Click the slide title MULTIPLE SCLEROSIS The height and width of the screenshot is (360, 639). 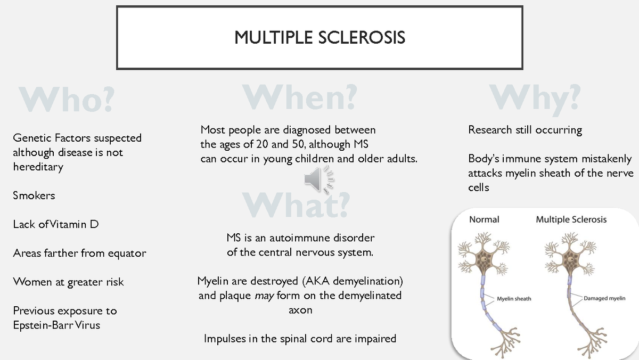319,37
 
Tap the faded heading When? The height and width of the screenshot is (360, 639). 299,97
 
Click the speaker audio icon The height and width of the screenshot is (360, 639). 319,179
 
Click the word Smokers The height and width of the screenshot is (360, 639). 34,195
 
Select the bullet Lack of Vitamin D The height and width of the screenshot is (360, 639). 56,224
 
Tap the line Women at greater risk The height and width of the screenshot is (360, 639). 68,282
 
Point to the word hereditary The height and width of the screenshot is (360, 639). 38,167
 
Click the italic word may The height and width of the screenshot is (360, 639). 264,296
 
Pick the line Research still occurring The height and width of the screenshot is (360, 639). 525,130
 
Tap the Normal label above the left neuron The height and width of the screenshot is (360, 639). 484,219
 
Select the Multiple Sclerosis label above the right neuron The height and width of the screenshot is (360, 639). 571,219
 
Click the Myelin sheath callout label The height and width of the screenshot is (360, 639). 514,299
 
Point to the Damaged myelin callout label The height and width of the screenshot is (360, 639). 604,298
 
